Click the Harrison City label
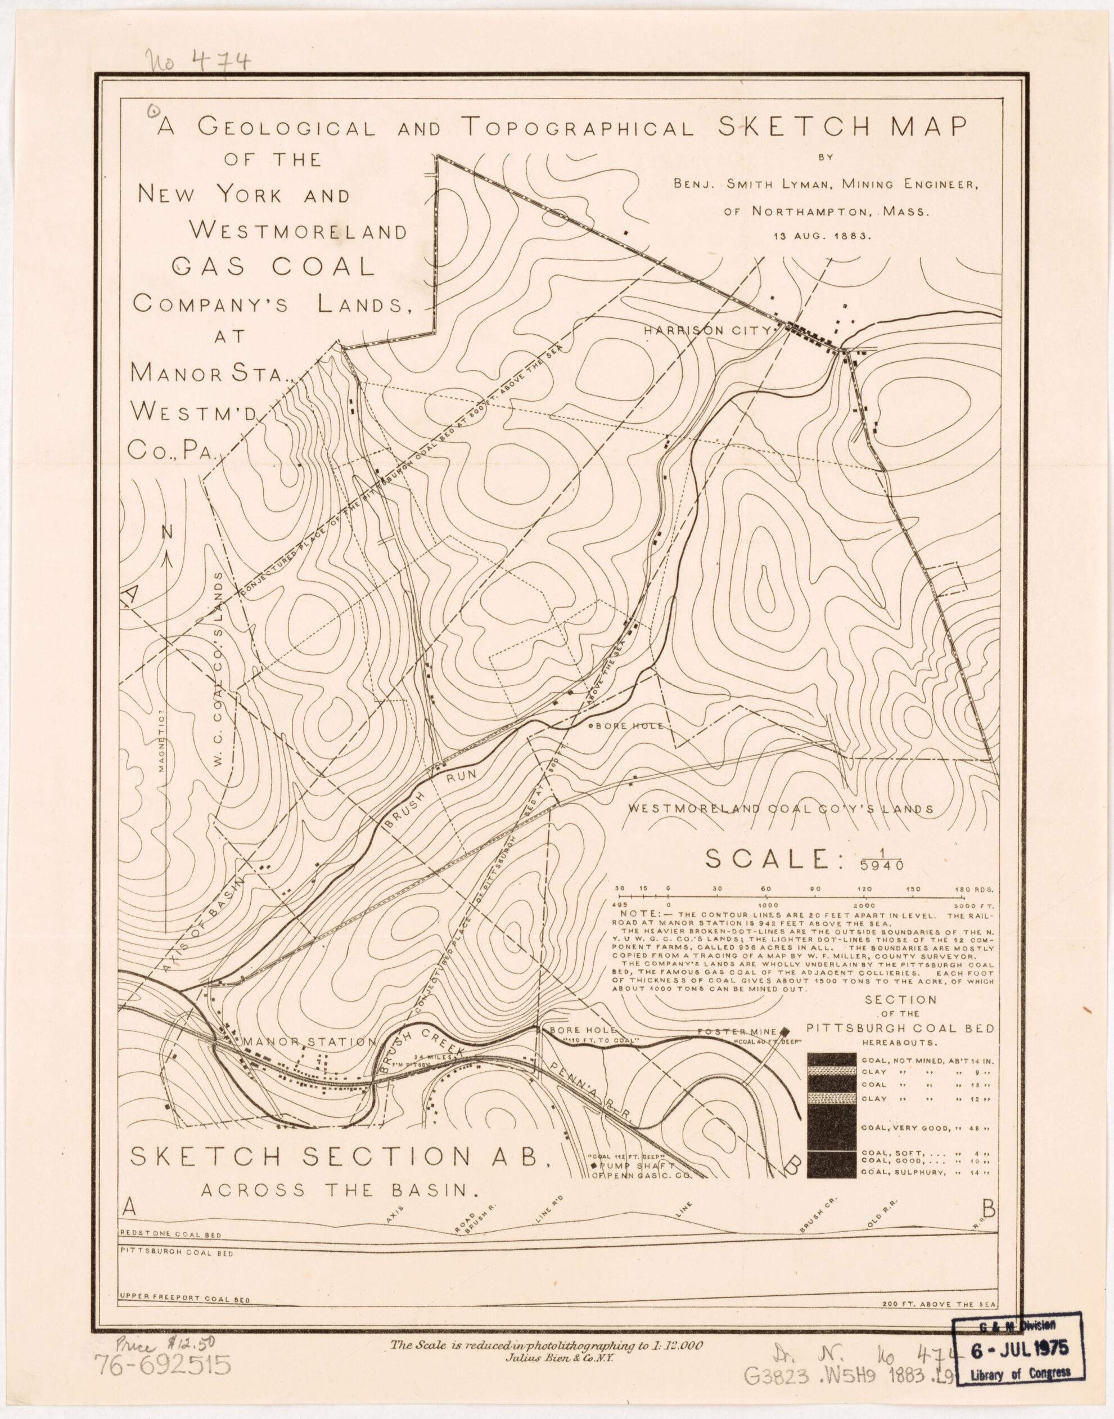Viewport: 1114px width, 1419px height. pos(707,331)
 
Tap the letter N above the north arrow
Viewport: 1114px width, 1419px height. pos(168,532)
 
